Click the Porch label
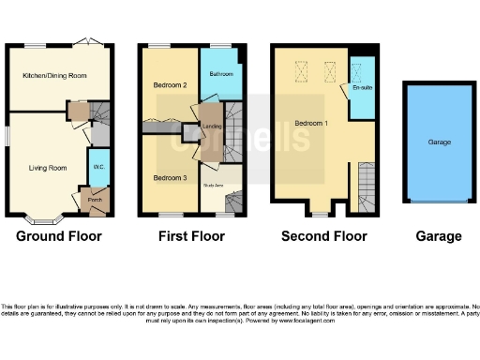point(94,199)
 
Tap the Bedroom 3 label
point(170,177)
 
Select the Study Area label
point(213,186)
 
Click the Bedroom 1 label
point(308,123)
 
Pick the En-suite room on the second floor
point(360,89)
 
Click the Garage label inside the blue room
point(440,142)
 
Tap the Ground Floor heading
point(58,236)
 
